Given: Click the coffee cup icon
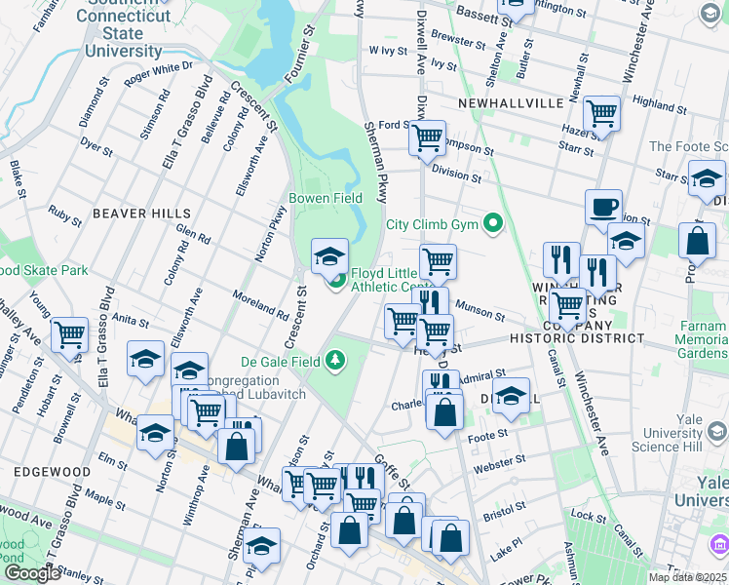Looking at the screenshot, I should (x=603, y=208).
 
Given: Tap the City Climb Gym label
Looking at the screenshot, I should (x=434, y=224).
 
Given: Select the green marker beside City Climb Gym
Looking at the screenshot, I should (x=493, y=224).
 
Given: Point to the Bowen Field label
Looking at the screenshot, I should (x=326, y=198).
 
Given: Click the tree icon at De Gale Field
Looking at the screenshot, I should (x=336, y=362).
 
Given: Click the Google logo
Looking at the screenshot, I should (x=31, y=573).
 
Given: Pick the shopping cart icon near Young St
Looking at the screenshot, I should (x=70, y=335).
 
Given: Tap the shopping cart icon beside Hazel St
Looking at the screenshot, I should (x=601, y=114).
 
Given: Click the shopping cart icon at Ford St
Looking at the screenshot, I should (x=427, y=138).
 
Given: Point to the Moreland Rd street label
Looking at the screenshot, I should (x=260, y=305).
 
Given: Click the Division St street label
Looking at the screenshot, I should (x=457, y=175).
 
